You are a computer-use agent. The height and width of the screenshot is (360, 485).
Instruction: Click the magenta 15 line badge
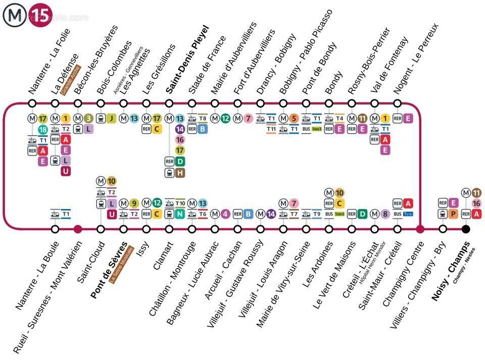click(40, 15)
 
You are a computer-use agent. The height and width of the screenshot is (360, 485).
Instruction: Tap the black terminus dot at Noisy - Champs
click(466, 229)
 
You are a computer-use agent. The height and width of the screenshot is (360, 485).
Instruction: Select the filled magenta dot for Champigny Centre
click(420, 229)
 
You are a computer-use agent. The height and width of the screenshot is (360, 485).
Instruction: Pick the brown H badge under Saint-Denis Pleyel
click(180, 173)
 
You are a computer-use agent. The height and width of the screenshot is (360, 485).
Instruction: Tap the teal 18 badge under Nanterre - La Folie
click(42, 130)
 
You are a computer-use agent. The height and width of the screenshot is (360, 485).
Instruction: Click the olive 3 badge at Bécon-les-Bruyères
click(88, 119)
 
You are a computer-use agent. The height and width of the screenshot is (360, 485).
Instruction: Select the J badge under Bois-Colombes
click(111, 119)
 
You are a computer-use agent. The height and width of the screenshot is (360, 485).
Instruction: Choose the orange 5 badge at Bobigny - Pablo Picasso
click(294, 119)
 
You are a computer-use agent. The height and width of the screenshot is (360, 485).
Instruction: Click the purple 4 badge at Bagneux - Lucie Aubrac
click(225, 214)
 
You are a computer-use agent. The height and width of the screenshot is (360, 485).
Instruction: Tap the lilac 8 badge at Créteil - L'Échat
click(385, 214)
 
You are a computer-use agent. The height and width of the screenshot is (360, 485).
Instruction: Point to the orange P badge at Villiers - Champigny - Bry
click(453, 214)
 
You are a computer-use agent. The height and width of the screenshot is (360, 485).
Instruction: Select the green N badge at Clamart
click(180, 214)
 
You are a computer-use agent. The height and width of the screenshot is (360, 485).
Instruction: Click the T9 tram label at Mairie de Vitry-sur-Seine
click(317, 214)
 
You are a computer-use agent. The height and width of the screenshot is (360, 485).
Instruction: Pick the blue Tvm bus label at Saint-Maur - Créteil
click(408, 214)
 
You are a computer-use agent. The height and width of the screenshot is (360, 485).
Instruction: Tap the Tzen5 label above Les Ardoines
click(339, 214)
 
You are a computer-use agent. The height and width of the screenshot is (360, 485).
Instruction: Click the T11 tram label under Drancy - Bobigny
click(271, 129)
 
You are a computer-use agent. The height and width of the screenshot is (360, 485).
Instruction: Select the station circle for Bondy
click(329, 104)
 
